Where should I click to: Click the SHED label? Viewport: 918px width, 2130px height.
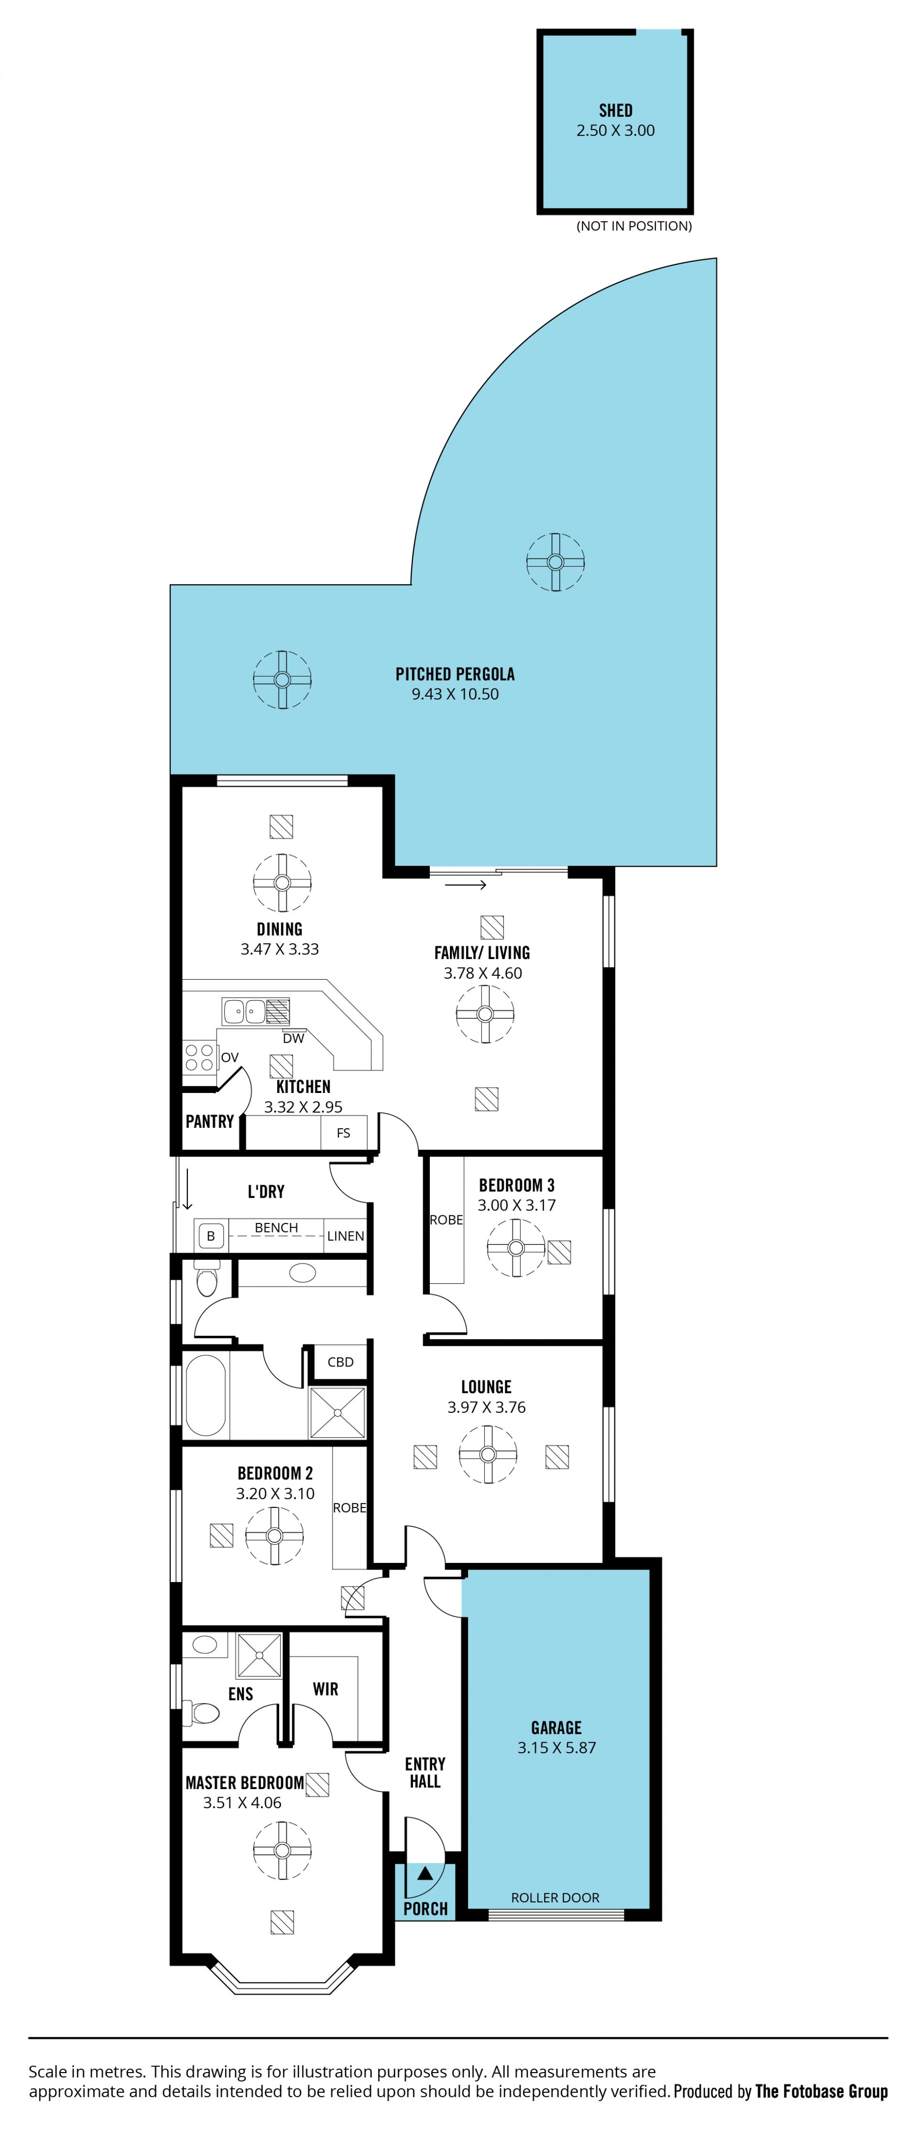click(615, 110)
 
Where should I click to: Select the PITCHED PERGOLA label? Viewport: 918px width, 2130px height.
click(455, 674)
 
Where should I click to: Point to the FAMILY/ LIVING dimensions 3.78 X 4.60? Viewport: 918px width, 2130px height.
click(483, 973)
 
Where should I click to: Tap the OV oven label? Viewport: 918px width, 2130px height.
click(230, 1058)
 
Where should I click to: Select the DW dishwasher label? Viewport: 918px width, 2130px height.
click(294, 1038)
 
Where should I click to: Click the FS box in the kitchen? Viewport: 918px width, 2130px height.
click(343, 1133)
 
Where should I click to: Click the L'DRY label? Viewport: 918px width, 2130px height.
click(265, 1191)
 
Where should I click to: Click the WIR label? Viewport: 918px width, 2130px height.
click(326, 1689)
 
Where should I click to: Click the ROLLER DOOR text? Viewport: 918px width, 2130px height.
click(555, 1898)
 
